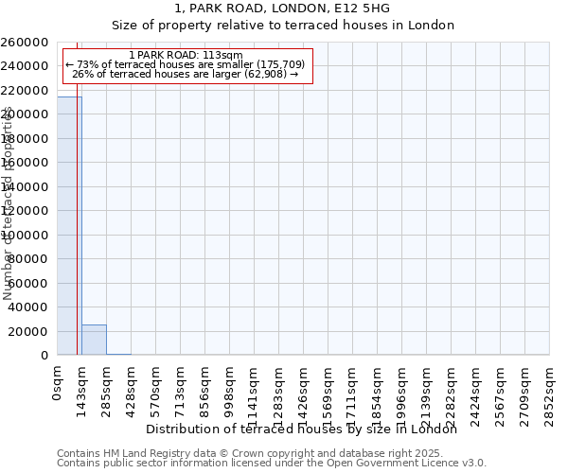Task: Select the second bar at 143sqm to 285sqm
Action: [94, 340]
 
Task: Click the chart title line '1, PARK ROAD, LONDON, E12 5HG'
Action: [283, 9]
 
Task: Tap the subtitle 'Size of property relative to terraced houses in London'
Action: [283, 26]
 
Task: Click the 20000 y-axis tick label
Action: [29, 331]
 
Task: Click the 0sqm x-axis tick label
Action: [58, 383]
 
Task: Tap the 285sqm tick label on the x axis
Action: [107, 387]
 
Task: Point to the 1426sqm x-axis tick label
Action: [304, 391]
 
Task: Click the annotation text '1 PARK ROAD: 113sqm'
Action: [186, 56]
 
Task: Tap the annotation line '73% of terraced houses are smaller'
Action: [186, 64]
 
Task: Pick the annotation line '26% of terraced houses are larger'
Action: [186, 74]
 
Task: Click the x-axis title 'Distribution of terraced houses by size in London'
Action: [302, 429]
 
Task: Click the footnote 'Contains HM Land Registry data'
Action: [272, 453]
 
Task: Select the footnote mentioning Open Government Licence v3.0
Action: [272, 463]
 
